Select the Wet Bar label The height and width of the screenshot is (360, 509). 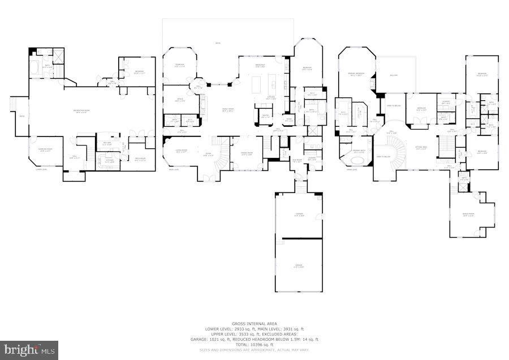click(106, 144)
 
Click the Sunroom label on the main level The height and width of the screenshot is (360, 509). click(179, 66)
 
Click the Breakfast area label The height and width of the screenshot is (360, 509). click(261, 66)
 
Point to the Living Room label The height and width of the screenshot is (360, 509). click(181, 151)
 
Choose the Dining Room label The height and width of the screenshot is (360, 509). click(247, 154)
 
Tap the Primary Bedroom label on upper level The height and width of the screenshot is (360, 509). click(355, 75)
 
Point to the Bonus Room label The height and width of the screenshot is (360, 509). click(468, 214)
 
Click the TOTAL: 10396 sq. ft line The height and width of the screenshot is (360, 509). click(255, 345)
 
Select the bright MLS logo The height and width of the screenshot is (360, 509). click(29, 350)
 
